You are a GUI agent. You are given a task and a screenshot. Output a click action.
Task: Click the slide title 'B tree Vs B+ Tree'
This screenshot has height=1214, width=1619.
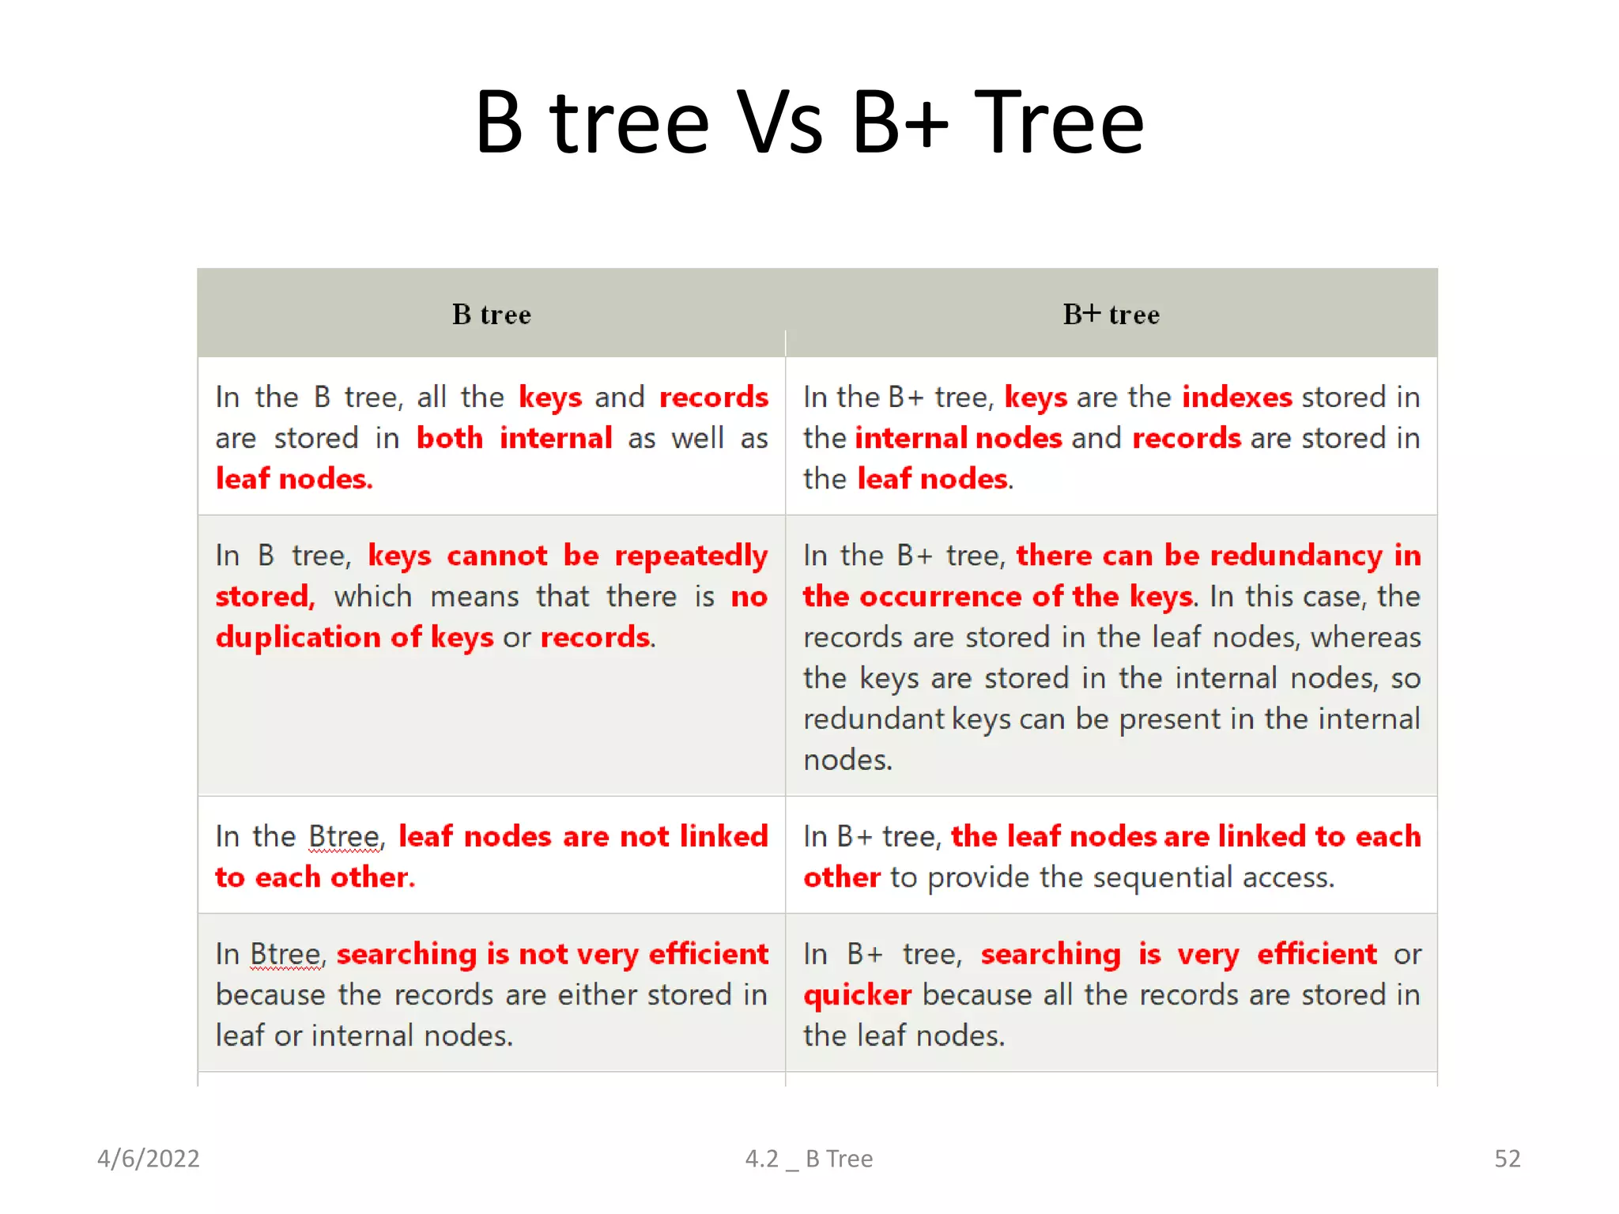[809, 123]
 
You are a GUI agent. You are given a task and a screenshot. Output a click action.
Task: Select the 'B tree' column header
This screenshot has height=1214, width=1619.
[491, 315]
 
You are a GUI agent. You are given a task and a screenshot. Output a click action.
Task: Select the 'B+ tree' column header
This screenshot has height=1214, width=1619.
[1111, 315]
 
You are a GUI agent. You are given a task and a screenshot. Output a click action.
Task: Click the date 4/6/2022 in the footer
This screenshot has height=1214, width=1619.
[148, 1159]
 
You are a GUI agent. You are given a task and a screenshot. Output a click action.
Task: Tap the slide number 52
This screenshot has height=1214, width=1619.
[1507, 1159]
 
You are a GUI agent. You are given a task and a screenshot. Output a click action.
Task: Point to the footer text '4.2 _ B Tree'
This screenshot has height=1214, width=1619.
[809, 1159]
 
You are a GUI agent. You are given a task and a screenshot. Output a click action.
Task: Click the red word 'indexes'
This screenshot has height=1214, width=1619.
[1236, 397]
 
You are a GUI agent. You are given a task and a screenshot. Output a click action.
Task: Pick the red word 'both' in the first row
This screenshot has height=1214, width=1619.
[449, 438]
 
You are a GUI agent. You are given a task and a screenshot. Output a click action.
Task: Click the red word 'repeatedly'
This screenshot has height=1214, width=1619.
[691, 556]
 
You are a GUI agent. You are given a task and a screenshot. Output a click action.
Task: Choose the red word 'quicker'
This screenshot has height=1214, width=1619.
[857, 995]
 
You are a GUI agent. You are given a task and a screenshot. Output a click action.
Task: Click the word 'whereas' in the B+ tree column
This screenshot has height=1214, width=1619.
[1365, 638]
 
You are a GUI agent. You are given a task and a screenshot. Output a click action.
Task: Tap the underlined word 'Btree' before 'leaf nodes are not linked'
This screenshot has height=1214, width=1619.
[344, 836]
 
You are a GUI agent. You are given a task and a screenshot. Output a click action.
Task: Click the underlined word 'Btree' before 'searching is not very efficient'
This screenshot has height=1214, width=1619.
[285, 954]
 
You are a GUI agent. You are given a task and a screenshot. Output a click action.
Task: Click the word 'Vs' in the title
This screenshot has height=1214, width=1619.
[779, 123]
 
